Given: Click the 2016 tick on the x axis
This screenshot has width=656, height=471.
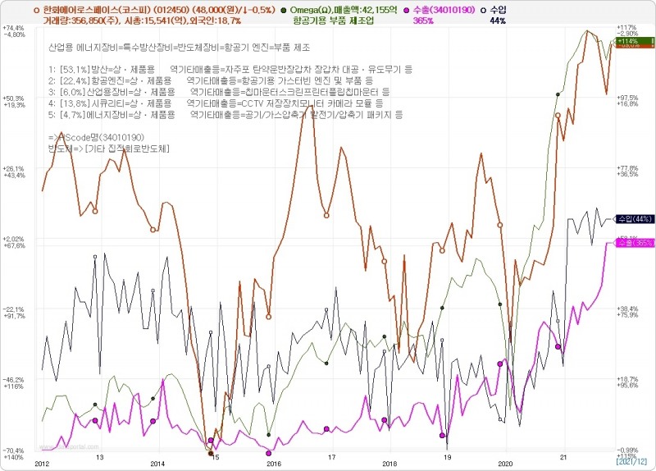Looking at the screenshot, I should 271,462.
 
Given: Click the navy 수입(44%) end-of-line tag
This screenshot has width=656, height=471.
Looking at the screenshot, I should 634,219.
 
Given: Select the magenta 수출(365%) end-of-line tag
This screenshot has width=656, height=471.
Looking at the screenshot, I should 634,243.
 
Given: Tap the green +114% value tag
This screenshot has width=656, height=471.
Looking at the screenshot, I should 627,41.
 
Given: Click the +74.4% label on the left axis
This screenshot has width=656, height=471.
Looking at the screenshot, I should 14,28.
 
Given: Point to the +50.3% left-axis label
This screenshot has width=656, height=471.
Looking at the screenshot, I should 14,98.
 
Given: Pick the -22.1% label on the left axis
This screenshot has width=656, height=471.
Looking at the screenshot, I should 14,309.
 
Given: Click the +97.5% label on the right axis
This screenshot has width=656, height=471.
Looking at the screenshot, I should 627,98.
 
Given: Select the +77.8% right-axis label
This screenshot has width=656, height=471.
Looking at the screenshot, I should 627,168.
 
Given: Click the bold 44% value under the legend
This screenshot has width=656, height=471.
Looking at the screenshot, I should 497,21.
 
